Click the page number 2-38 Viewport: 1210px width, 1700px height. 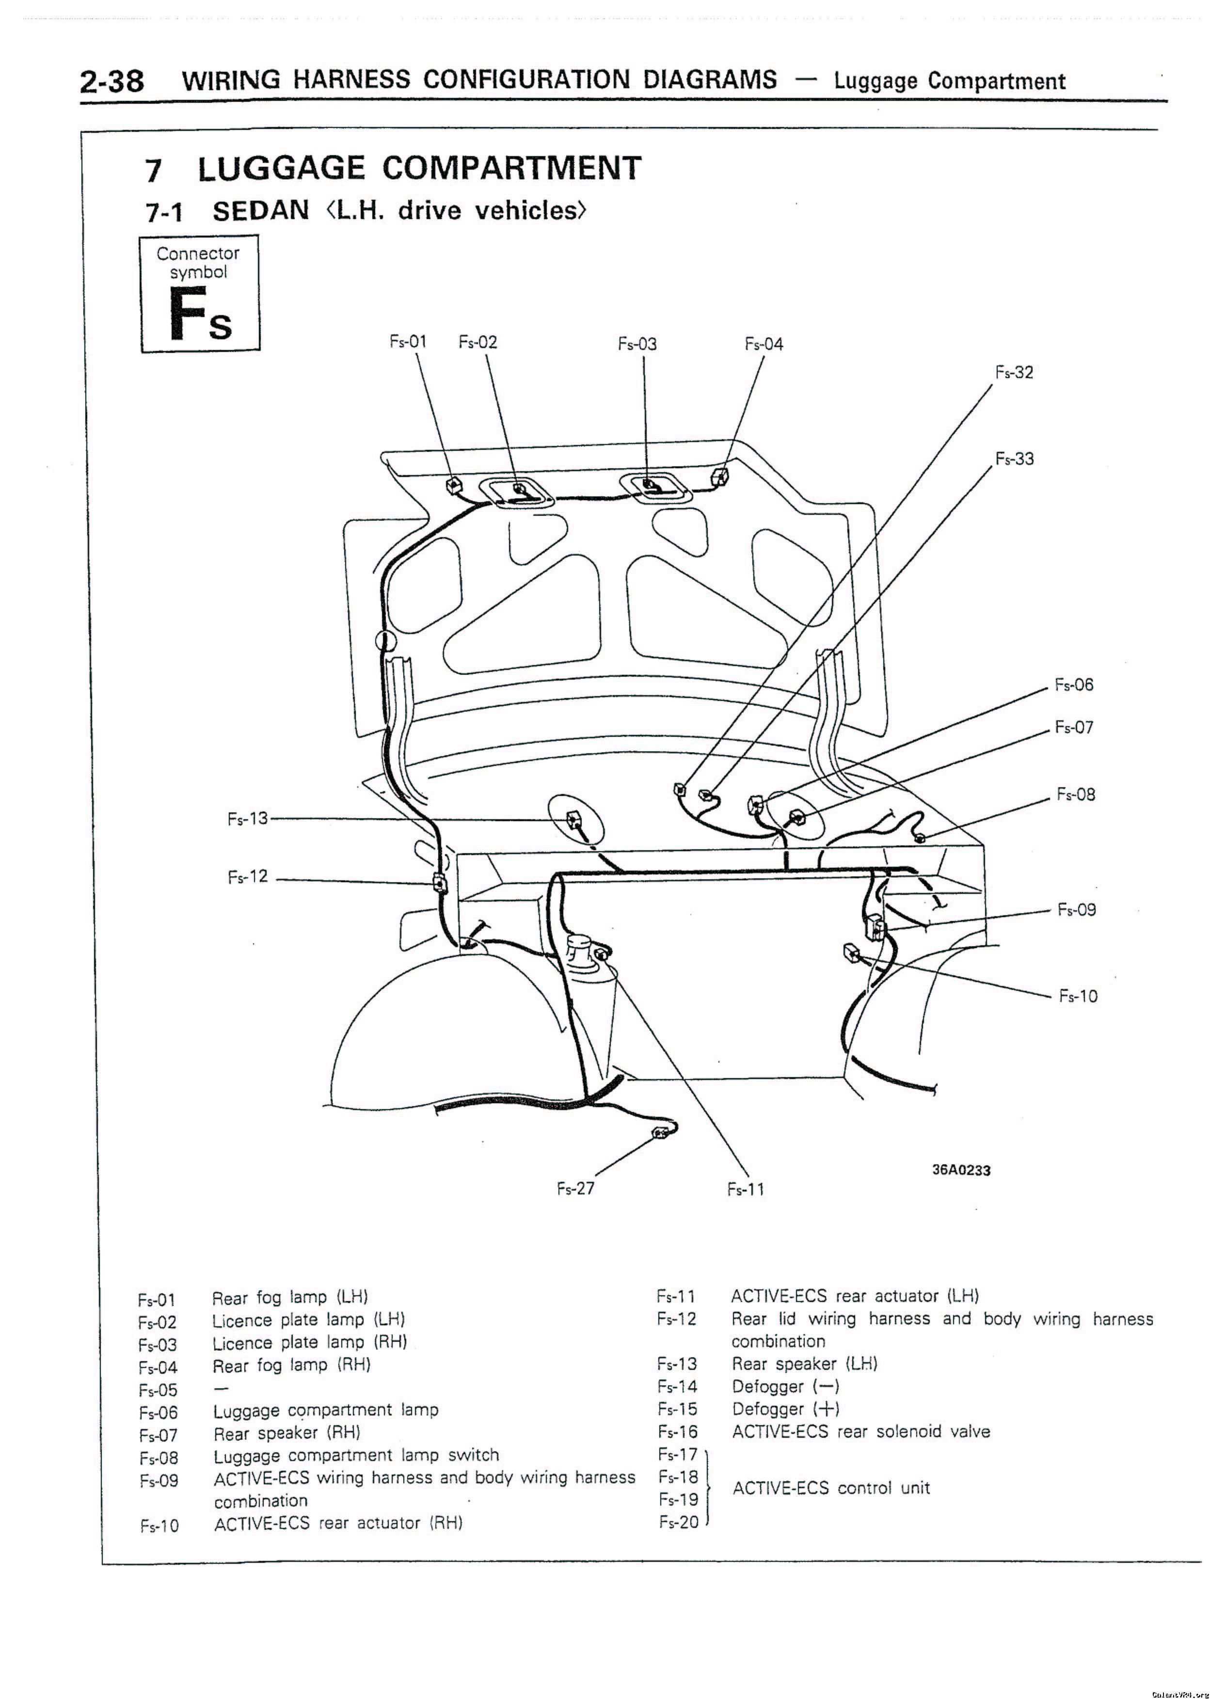112,80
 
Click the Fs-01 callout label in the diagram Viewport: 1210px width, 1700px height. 408,342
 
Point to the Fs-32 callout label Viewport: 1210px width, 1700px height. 1014,372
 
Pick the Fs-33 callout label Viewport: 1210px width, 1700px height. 1015,459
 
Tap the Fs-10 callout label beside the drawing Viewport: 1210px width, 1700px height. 1078,996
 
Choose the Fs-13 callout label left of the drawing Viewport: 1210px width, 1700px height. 247,819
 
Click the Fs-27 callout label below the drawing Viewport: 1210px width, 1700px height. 576,1188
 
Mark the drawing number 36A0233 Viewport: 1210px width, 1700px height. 961,1170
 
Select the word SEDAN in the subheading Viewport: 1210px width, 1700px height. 261,211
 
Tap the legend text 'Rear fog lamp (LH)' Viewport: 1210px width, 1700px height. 290,1297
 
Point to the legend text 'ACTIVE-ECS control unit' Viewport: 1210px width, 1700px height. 831,1488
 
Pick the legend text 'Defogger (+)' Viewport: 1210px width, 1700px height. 786,1409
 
